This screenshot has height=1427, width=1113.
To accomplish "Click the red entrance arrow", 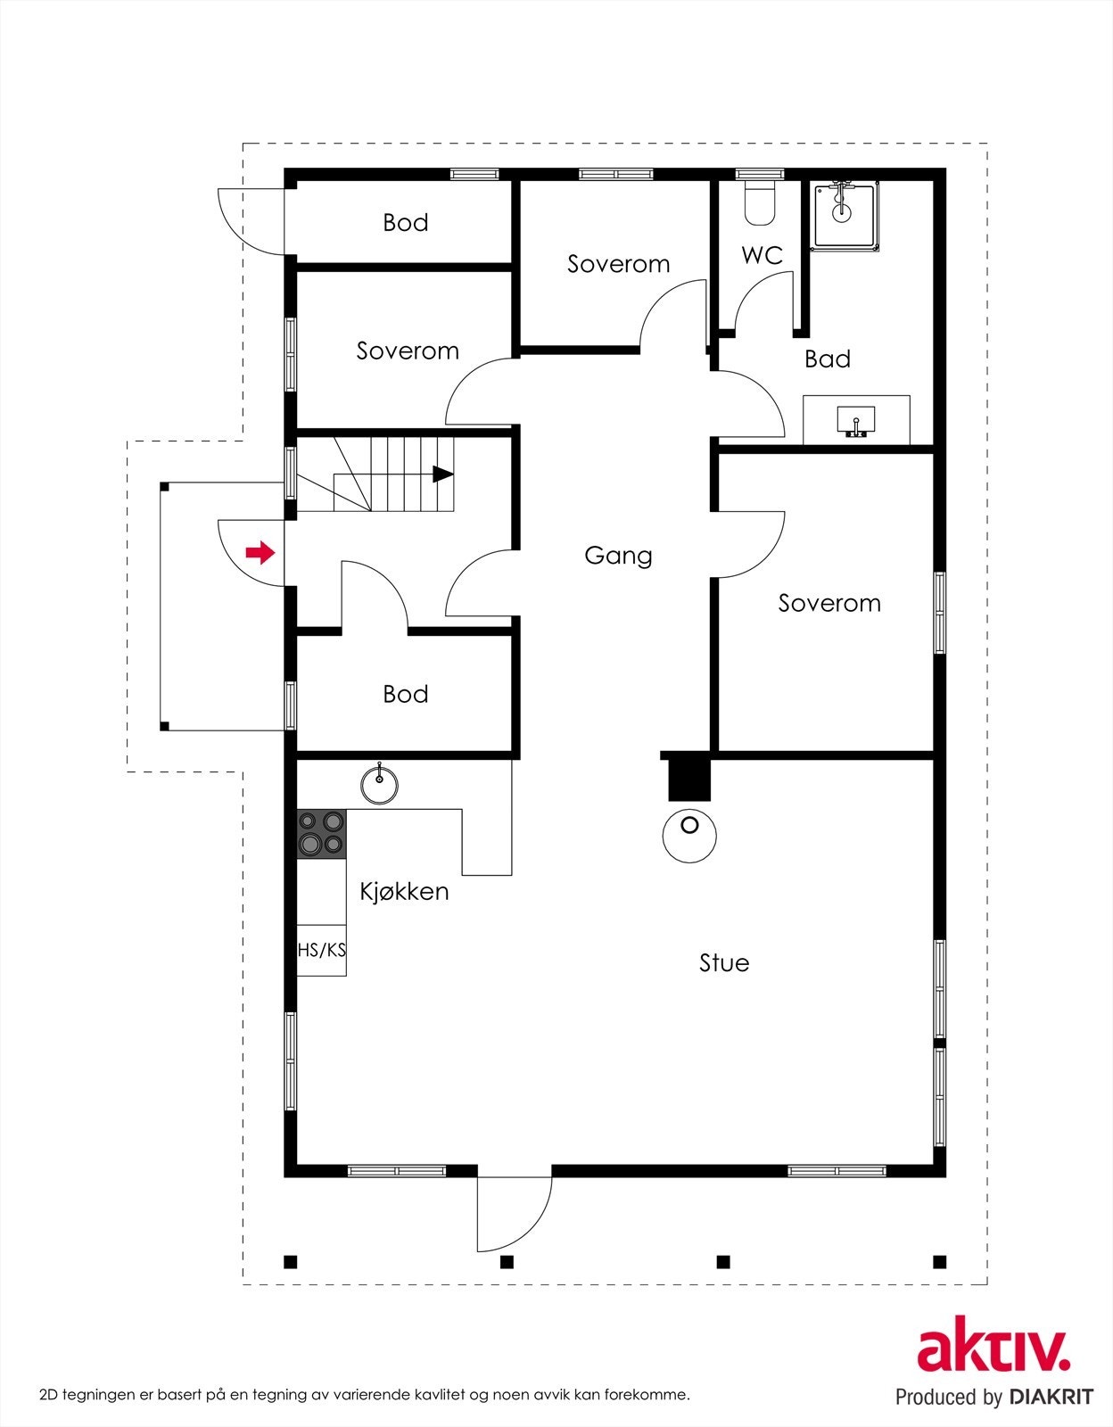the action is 260,553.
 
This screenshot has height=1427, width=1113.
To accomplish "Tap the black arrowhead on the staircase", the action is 443,474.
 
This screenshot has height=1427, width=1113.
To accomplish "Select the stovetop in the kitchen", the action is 322,834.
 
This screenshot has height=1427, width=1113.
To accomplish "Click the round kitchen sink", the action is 380,783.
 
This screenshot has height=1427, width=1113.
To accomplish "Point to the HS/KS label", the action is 322,950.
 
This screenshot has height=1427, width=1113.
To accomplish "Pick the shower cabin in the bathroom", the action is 845,217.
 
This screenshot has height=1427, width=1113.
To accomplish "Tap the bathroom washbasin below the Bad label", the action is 856,421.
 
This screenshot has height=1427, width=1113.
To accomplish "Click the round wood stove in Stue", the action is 688,836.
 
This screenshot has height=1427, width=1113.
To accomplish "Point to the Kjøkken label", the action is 405,891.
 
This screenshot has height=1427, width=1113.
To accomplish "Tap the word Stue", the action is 724,962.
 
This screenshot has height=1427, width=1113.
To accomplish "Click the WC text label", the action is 763,255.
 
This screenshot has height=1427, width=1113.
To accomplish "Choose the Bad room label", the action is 828,359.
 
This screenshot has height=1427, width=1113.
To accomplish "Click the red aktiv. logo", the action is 993,1351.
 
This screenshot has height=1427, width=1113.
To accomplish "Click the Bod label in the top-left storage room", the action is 406,223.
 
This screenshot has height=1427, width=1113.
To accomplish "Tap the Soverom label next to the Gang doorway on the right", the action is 829,603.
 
